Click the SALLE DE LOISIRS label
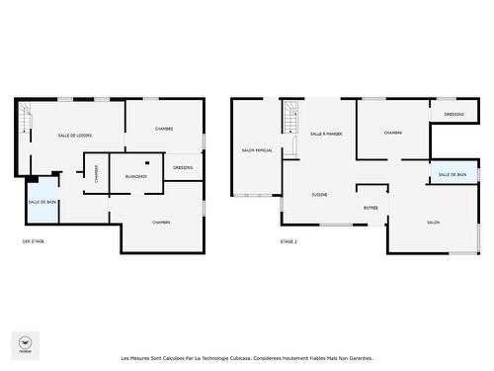pyautogui.click(x=75, y=136)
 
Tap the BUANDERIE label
pyautogui.click(x=136, y=176)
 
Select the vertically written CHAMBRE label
pyautogui.click(x=96, y=173)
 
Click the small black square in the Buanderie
pyautogui.click(x=146, y=161)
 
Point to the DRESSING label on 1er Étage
pyautogui.click(x=183, y=167)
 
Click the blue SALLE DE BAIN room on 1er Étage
pyautogui.click(x=42, y=202)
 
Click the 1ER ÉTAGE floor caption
pyautogui.click(x=33, y=241)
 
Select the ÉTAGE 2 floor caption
pyautogui.click(x=288, y=241)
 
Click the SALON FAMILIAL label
pyautogui.click(x=257, y=150)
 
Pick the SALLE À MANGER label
pyautogui.click(x=326, y=133)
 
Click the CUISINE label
pyautogui.click(x=320, y=194)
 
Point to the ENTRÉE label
pyautogui.click(x=371, y=208)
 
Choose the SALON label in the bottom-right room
pyautogui.click(x=434, y=223)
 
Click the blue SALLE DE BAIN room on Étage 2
pyautogui.click(x=453, y=174)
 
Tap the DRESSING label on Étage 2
pyautogui.click(x=454, y=114)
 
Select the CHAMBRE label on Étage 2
pyautogui.click(x=393, y=133)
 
